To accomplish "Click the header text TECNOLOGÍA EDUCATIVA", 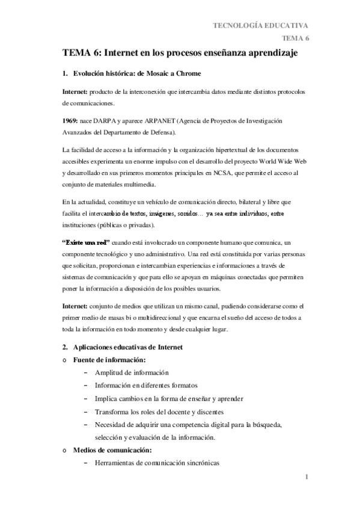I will [x=261, y=25].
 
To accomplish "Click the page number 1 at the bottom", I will [x=306, y=478].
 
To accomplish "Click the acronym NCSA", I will [x=232, y=173].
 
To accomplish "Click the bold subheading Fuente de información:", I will [x=105, y=360].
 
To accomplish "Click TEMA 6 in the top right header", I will [x=296, y=38].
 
